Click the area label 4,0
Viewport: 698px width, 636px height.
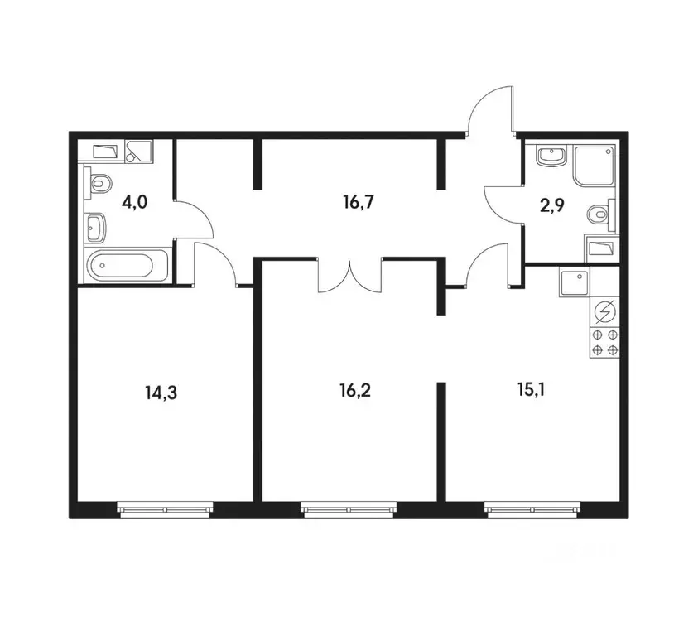pos(134,203)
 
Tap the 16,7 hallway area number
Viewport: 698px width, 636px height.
pos(358,203)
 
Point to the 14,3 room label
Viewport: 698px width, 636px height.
pos(161,393)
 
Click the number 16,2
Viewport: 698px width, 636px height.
pos(354,391)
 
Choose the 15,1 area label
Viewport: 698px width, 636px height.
pos(531,390)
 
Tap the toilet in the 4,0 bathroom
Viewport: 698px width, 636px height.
pos(98,182)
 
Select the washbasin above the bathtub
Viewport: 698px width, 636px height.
pos(95,228)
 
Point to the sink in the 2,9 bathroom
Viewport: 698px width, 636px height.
pos(552,157)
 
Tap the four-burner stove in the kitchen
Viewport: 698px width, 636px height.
pos(605,342)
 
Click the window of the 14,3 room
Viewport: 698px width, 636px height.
pos(165,509)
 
